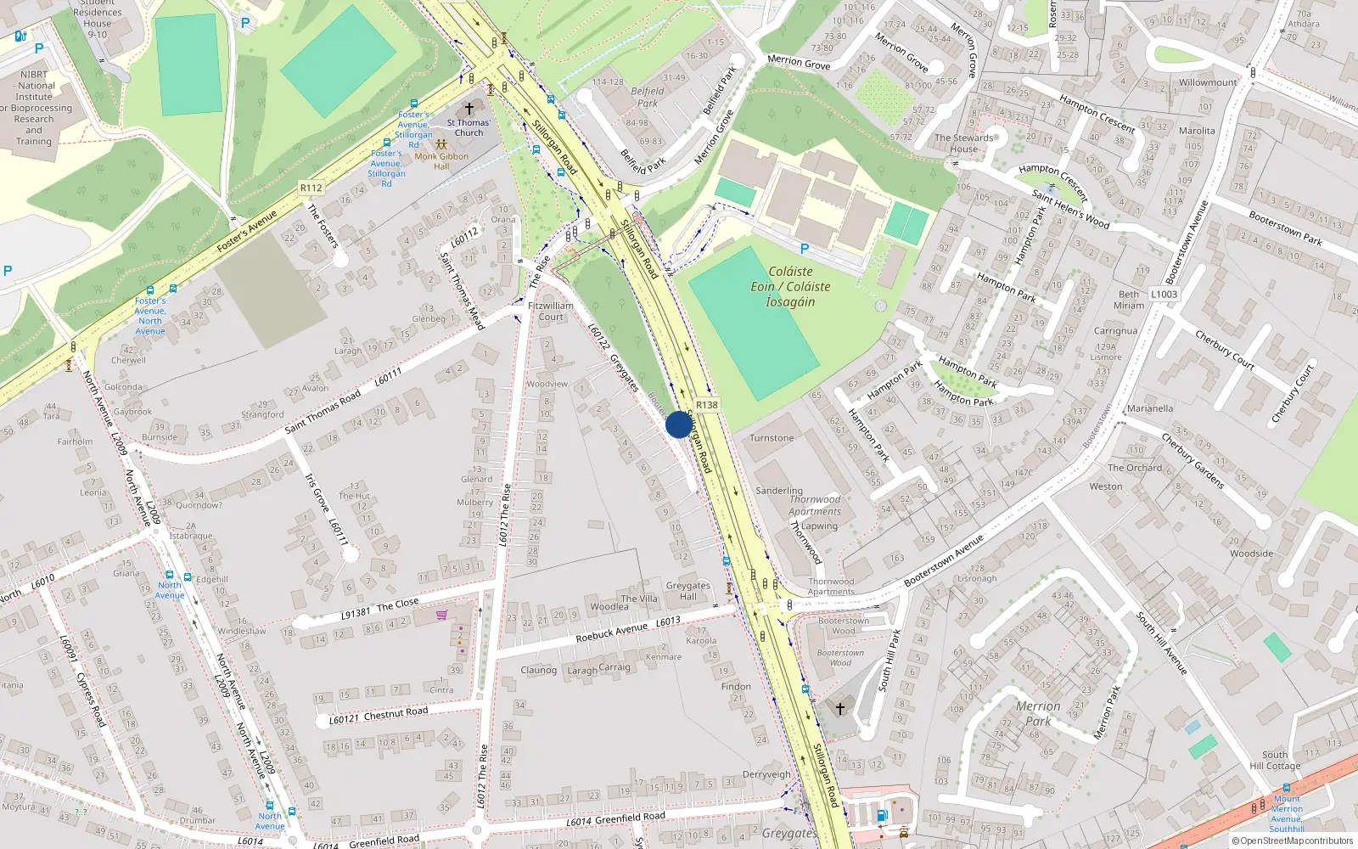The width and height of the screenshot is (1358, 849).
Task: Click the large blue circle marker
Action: coord(678,424)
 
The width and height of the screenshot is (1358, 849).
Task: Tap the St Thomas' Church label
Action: coord(469,127)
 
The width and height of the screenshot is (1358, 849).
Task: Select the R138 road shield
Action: coord(706,405)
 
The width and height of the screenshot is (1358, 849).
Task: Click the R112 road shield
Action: coord(311,188)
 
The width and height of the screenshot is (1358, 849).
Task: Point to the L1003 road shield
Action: coord(1164,295)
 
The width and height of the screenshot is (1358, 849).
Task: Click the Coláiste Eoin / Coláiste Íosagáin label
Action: coord(790,287)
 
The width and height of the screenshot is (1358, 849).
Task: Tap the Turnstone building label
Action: coord(772,438)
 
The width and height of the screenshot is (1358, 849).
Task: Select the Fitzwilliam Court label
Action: coord(551,311)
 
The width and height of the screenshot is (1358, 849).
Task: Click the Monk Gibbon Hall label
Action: coord(441,161)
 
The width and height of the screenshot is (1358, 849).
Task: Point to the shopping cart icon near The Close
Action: coord(441,615)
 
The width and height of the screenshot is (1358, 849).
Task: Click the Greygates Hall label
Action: coord(687,591)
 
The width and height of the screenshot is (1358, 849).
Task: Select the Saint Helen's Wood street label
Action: coord(1070,208)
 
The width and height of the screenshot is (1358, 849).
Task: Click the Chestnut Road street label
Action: coord(396,713)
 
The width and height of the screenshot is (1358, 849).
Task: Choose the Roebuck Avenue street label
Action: coord(611,633)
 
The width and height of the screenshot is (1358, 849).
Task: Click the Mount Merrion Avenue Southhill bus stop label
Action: coord(1287,813)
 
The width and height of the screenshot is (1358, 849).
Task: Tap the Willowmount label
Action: coord(1208,82)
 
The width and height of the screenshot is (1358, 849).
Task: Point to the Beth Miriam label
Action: coord(1129,300)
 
